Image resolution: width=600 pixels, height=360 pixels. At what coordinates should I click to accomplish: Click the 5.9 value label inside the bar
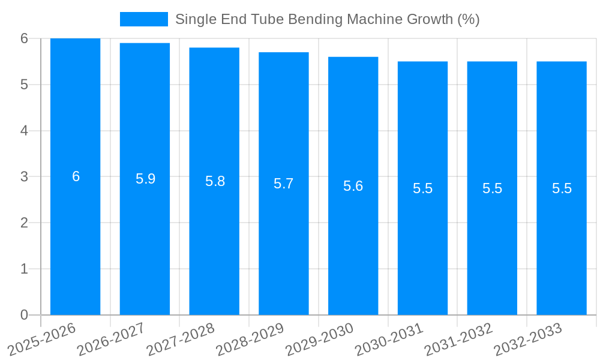coord(145,179)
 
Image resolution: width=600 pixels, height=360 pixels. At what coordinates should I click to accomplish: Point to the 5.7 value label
coord(283,184)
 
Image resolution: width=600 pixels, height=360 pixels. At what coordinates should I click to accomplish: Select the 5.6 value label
coord(353,186)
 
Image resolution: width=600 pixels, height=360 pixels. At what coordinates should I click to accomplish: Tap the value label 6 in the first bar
coord(76,176)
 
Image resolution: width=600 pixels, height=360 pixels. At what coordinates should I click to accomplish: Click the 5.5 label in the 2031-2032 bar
coord(492,188)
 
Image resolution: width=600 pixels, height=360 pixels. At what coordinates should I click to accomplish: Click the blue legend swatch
coord(144,19)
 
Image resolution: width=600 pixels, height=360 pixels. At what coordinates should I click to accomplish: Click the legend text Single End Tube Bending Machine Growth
coord(327,19)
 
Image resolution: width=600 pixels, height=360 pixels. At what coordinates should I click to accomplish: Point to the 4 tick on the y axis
coord(24,131)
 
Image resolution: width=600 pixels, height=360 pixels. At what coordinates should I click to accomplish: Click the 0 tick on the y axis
coord(24,315)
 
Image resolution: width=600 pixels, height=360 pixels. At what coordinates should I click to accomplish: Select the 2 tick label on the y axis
coord(24,223)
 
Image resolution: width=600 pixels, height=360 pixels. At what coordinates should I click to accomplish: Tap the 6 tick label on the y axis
coord(24,38)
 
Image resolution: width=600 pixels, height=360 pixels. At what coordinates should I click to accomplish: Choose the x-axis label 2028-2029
coord(250,338)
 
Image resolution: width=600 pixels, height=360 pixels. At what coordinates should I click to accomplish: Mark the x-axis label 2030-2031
coord(389,338)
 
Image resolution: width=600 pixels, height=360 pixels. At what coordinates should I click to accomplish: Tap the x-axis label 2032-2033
coord(527,338)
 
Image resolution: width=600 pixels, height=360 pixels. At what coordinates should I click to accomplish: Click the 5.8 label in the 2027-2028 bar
coord(215,181)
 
